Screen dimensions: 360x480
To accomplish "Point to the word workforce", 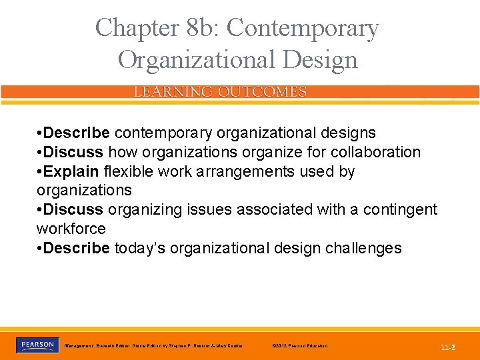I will click(71, 229).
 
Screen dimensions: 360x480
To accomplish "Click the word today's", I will click(140, 248).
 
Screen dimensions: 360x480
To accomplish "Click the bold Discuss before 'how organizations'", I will click(71, 152).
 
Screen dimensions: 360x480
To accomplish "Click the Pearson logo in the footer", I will click(36, 345).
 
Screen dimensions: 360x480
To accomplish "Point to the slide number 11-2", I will click(447, 347).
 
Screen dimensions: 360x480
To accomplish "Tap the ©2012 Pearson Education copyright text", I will click(301, 346).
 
